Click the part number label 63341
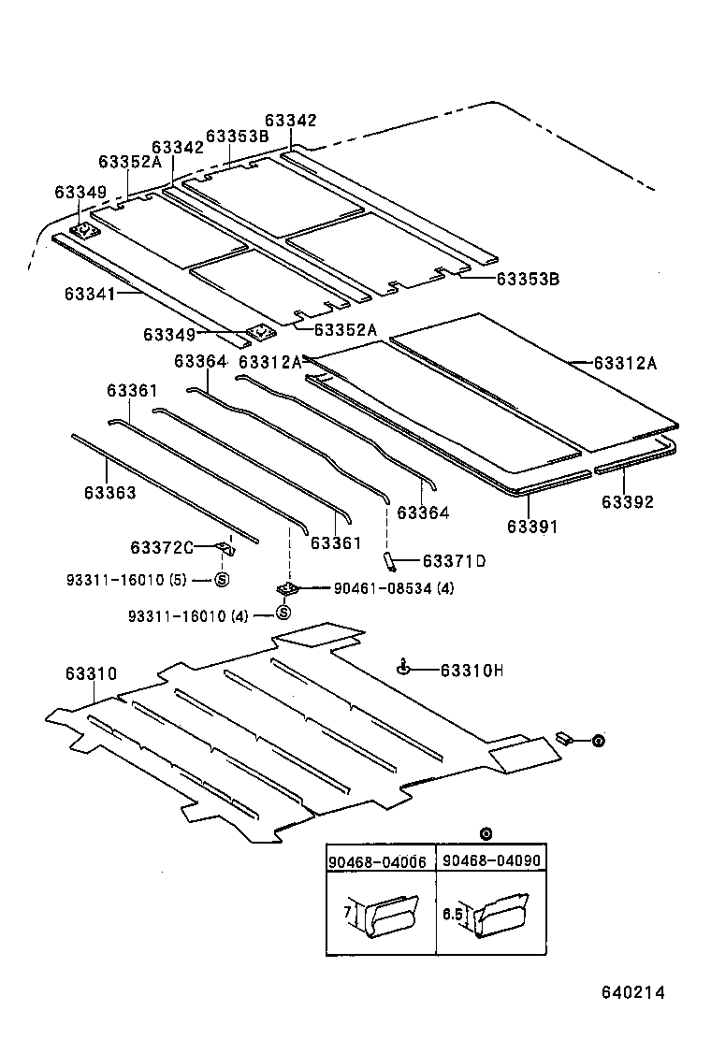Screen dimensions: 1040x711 [x=90, y=294]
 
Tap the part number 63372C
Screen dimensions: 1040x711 [x=161, y=547]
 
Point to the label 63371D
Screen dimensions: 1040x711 [x=455, y=561]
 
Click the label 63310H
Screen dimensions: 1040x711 [x=472, y=670]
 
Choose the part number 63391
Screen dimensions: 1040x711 [x=532, y=527]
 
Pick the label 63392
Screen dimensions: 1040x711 [x=627, y=502]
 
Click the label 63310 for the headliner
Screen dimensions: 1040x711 [x=91, y=673]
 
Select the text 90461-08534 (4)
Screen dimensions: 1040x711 [x=394, y=588]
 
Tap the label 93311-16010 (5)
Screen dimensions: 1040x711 [x=125, y=580]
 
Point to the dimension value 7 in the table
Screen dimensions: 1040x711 [x=344, y=911]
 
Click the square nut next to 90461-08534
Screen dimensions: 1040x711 [x=287, y=588]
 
